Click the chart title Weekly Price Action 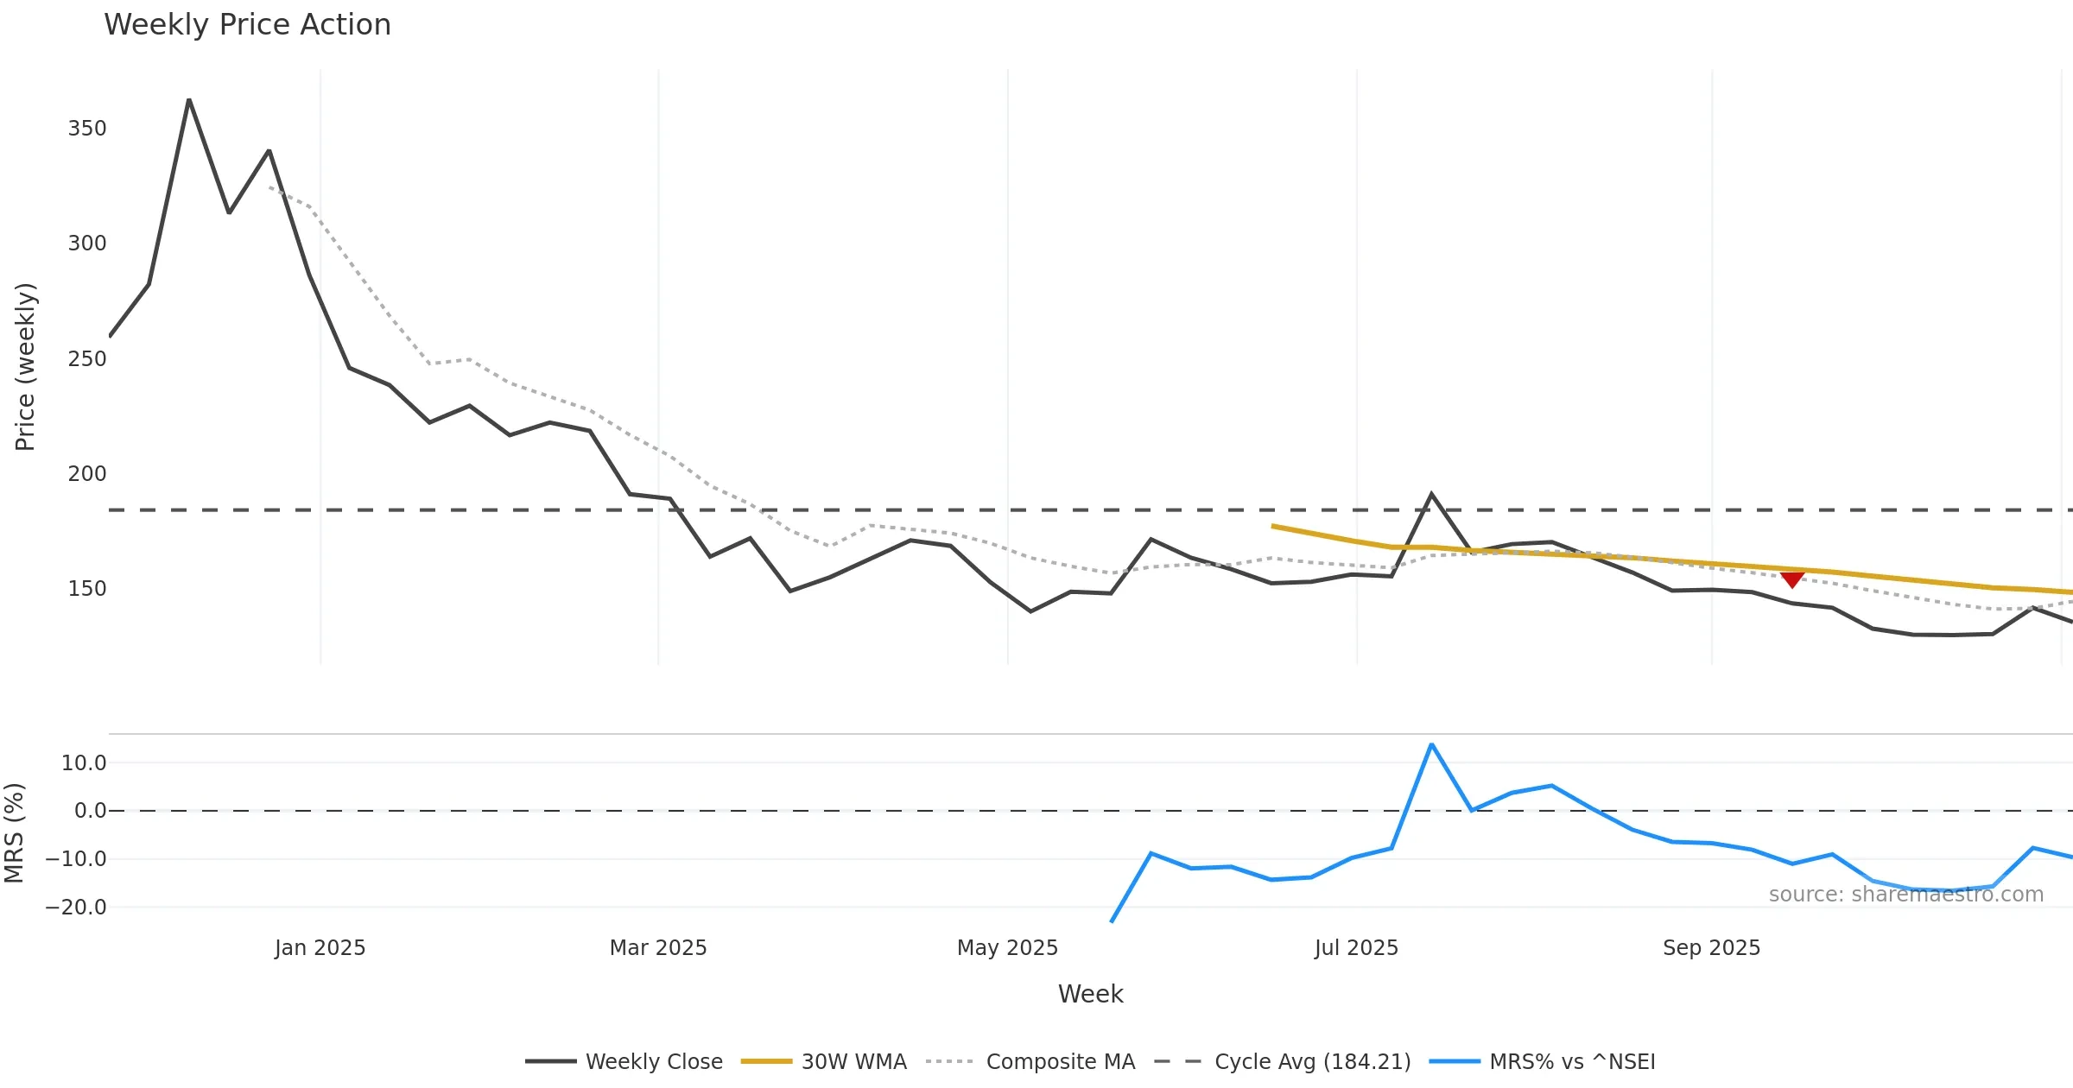click(x=247, y=25)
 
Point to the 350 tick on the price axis click(x=87, y=129)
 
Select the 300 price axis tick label click(x=87, y=244)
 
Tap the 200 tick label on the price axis click(x=87, y=474)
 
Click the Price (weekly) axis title click(x=25, y=367)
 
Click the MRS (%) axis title click(x=14, y=833)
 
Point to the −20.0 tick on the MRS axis click(x=76, y=908)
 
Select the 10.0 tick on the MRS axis click(x=84, y=763)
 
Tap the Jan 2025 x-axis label click(x=320, y=948)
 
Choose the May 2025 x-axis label click(x=1007, y=948)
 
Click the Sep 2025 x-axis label click(x=1711, y=948)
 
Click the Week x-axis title click(x=1090, y=995)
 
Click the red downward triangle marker click(x=1792, y=579)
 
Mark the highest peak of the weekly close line click(x=189, y=100)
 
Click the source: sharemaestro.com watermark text click(x=1905, y=895)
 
